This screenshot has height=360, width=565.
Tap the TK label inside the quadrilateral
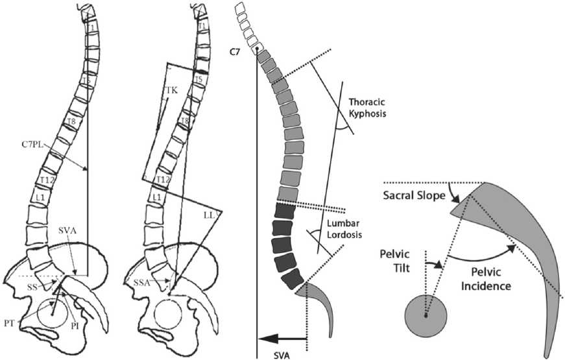tap(171, 91)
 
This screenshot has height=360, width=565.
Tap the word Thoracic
tap(368, 102)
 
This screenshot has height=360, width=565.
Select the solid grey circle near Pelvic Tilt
tap(426, 316)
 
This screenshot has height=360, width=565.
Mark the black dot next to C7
tap(258, 49)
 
